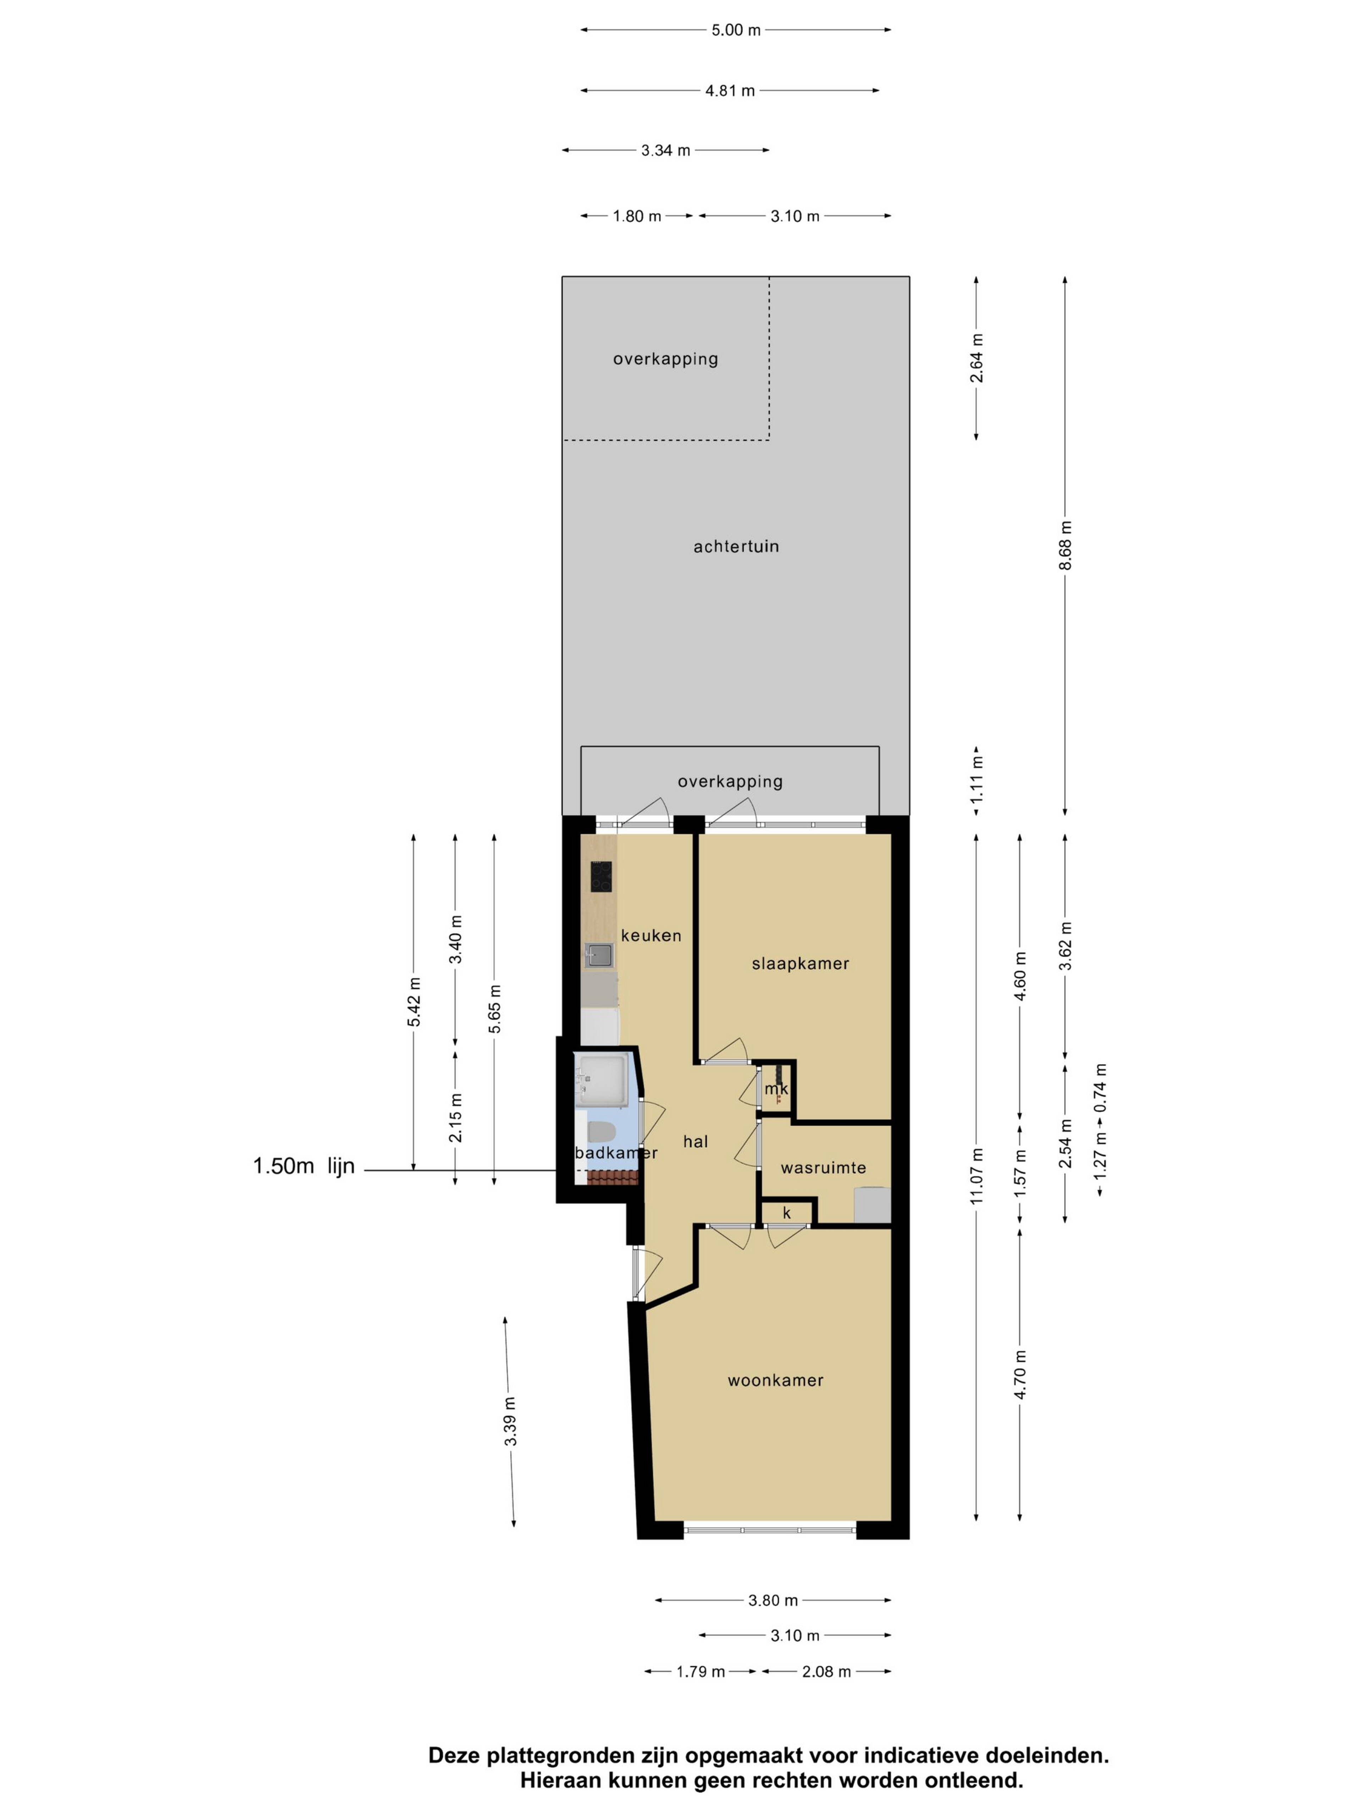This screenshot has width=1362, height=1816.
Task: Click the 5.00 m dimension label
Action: click(x=736, y=31)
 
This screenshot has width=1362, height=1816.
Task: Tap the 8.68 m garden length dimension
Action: click(x=1065, y=545)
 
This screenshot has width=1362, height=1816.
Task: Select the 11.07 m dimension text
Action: click(x=976, y=1176)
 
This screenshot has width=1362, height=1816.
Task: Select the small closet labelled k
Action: click(x=786, y=1213)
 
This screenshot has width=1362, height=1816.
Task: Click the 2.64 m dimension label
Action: click(x=976, y=358)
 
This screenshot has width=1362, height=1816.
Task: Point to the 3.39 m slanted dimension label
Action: click(x=510, y=1421)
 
